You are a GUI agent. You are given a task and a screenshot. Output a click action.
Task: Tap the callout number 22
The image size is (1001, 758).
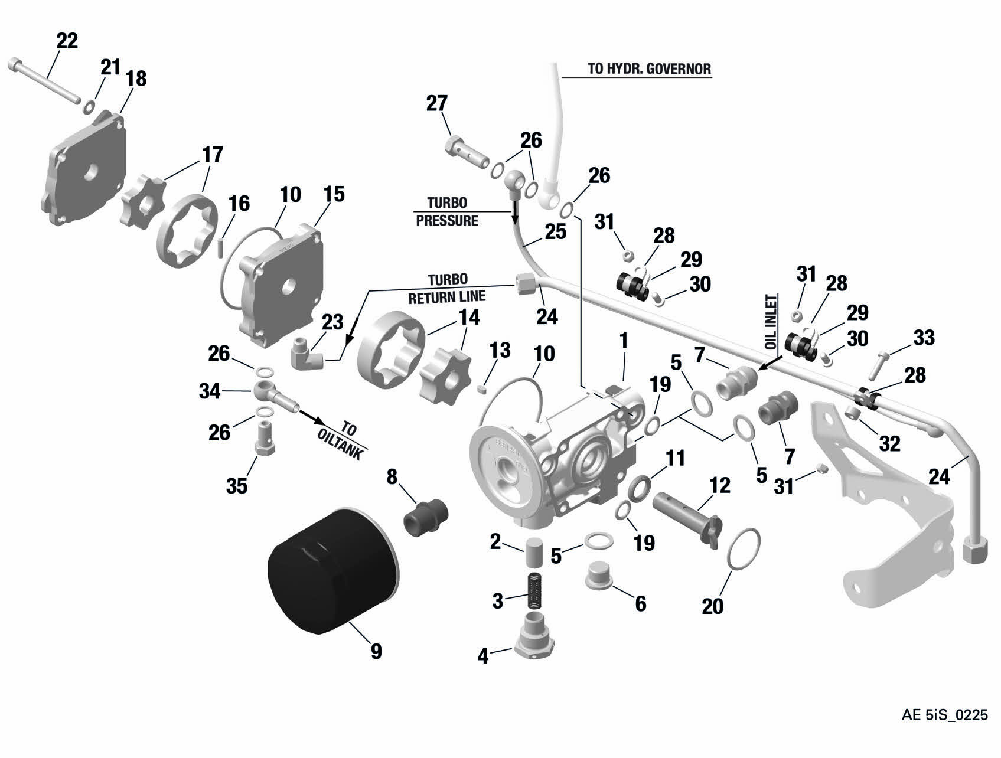pyautogui.click(x=67, y=41)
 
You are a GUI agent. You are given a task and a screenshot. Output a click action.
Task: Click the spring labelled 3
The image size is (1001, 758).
pyautogui.click(x=535, y=594)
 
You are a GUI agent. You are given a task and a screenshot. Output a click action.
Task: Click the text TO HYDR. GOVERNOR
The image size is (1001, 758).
pyautogui.click(x=649, y=68)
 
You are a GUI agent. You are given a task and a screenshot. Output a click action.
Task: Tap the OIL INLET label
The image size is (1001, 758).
pyautogui.click(x=771, y=322)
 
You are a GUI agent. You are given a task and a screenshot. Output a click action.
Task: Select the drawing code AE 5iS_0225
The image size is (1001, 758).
pyautogui.click(x=944, y=715)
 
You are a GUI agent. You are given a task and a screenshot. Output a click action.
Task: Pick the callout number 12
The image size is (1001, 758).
pyautogui.click(x=720, y=485)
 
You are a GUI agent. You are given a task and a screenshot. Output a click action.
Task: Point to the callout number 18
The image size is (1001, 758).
pyautogui.click(x=137, y=78)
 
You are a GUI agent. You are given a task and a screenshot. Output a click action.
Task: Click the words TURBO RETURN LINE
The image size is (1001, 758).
pyautogui.click(x=448, y=287)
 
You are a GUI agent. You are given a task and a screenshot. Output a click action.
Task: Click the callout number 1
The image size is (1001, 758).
pyautogui.click(x=623, y=341)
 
